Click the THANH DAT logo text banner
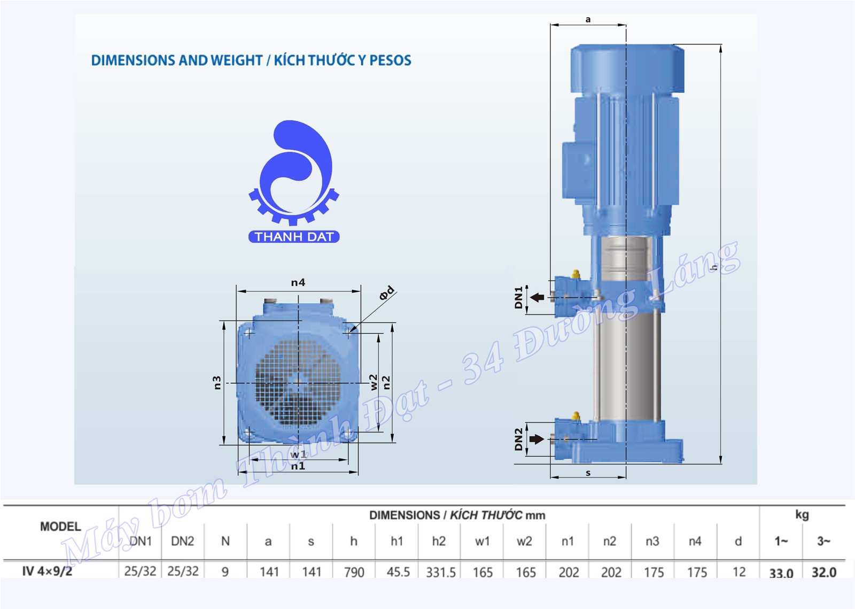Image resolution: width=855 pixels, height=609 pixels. pos(294,237)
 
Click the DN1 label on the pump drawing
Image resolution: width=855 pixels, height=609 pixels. pos(518,297)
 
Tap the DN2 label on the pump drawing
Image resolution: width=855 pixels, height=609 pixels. pos(518,439)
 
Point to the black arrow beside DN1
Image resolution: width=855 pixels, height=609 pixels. pos(538,297)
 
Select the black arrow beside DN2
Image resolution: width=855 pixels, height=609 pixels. pos(537,439)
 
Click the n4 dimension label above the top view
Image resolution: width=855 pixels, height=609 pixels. pos(298,282)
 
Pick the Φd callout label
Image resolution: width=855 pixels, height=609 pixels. pos(387,292)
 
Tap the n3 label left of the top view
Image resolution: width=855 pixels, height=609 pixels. pos(217,383)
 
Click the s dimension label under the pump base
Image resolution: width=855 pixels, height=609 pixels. pos(588,473)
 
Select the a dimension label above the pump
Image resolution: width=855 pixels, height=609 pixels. pos(588,19)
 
